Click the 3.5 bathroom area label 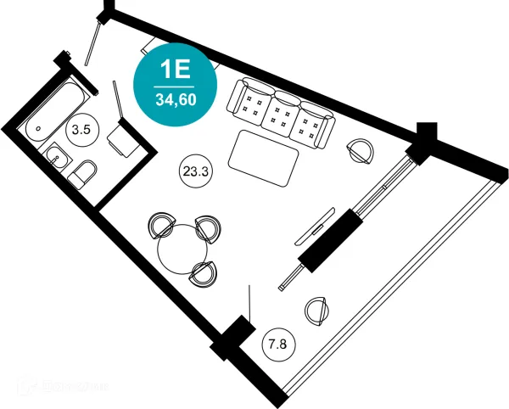point(81,131)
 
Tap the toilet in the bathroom point(83,175)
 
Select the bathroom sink point(58,158)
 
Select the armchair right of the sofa point(361,151)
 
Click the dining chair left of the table point(160,227)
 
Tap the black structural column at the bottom point(232,338)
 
